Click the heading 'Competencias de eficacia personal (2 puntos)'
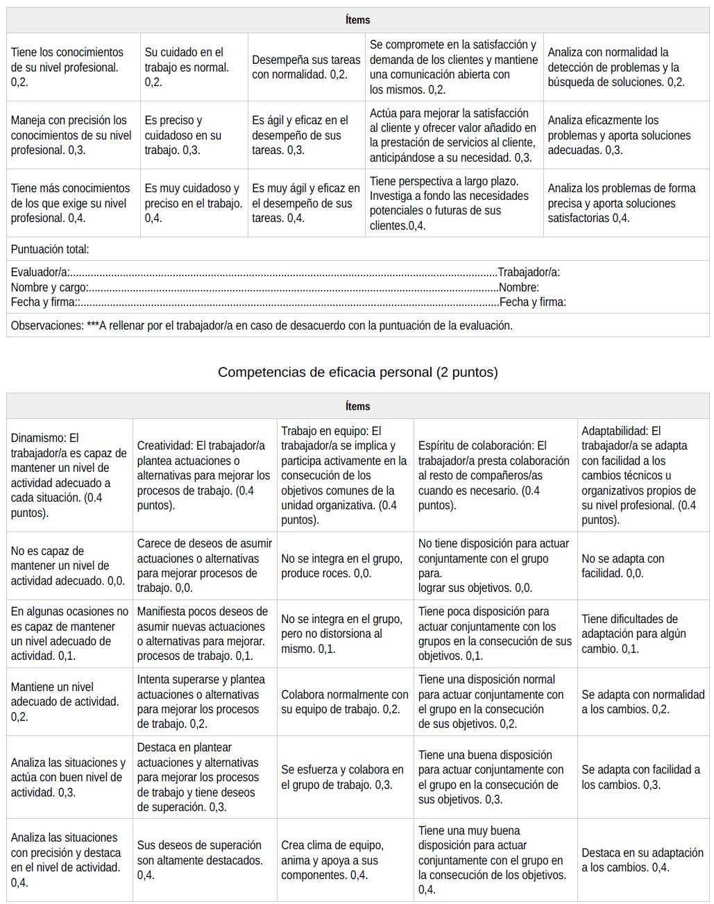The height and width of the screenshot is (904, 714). [357, 373]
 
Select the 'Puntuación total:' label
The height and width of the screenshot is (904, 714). [50, 249]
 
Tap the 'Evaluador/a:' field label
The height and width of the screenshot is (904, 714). [40, 273]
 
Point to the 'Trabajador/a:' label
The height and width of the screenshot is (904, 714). [529, 273]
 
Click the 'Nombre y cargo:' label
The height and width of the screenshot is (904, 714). [49, 287]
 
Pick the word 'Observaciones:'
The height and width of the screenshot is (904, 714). [47, 325]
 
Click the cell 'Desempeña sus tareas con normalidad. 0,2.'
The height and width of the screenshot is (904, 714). [306, 67]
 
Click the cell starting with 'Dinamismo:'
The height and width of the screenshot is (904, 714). [69, 475]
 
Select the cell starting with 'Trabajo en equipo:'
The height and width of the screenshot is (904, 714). [344, 475]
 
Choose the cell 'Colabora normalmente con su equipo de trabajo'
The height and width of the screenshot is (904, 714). [344, 702]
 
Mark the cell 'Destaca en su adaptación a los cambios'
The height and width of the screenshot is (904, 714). [642, 860]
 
